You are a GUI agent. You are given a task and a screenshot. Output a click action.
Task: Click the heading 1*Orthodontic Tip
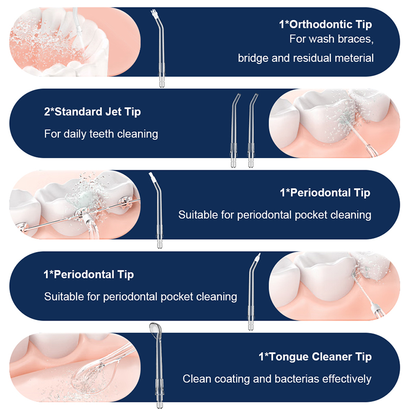[x=325, y=24]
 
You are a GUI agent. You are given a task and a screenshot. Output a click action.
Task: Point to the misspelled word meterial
[x=354, y=58]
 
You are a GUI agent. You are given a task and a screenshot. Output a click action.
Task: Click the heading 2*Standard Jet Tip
[x=93, y=111]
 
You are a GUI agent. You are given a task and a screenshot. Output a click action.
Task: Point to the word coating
[x=232, y=379]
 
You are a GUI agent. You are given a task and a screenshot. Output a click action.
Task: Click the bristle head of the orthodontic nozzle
[x=154, y=13]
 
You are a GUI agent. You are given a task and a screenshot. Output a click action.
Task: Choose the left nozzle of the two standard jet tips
[x=234, y=130]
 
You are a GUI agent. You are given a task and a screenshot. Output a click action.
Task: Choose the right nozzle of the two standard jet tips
[x=252, y=130]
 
